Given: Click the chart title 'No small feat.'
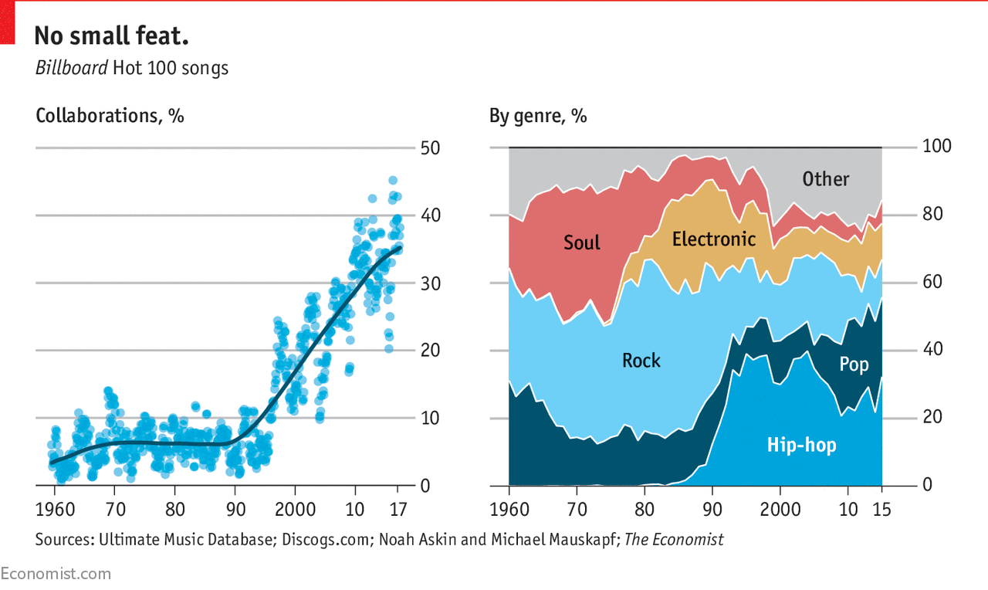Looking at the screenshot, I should (112, 36).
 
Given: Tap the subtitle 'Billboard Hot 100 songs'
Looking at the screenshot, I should (132, 68).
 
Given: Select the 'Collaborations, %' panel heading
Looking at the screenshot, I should (110, 116).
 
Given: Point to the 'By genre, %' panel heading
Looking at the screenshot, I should (538, 116).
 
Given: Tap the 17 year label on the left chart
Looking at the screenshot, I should (399, 510).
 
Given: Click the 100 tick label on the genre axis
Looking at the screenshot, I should (937, 147).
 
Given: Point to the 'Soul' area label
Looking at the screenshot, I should (581, 242).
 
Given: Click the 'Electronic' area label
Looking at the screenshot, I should (714, 239).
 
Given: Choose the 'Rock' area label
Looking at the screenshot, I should (641, 361).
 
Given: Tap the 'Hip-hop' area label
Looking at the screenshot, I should (801, 445).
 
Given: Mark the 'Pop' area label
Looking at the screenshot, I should (854, 364).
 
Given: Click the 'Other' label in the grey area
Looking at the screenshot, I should (825, 179).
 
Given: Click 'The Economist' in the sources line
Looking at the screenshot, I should (674, 540).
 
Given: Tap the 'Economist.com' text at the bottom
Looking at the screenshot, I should (56, 574).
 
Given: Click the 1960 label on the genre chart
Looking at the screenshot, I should (509, 510).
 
